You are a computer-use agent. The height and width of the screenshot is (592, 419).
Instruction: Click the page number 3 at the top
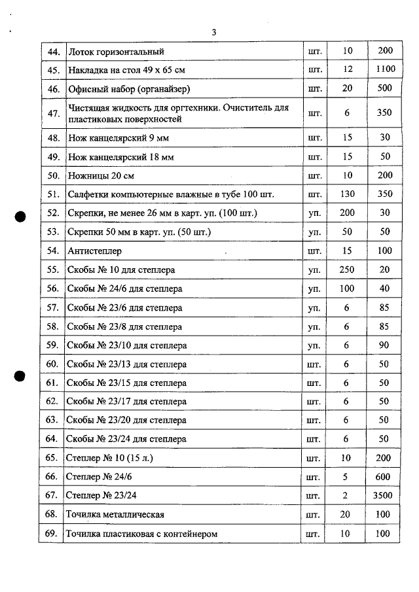tap(214, 32)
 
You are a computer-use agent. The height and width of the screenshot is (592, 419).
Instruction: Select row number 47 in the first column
tap(54, 113)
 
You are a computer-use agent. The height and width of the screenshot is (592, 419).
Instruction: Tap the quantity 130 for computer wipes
tap(346, 194)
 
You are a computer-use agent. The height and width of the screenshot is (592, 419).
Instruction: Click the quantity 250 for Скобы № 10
tap(346, 270)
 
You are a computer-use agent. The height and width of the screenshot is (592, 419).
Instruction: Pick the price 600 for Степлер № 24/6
tap(384, 477)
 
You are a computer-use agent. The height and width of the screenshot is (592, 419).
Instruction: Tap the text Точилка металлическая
tap(115, 515)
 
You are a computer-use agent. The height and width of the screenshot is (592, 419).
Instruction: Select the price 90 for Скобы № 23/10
tap(384, 345)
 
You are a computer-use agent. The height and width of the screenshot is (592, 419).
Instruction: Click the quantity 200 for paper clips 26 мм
tap(346, 213)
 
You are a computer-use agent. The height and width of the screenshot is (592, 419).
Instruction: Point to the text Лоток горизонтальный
tap(116, 51)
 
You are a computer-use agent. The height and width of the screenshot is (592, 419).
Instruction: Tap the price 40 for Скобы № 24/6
tap(384, 288)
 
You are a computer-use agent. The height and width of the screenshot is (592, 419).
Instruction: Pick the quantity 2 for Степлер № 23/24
tap(346, 496)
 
